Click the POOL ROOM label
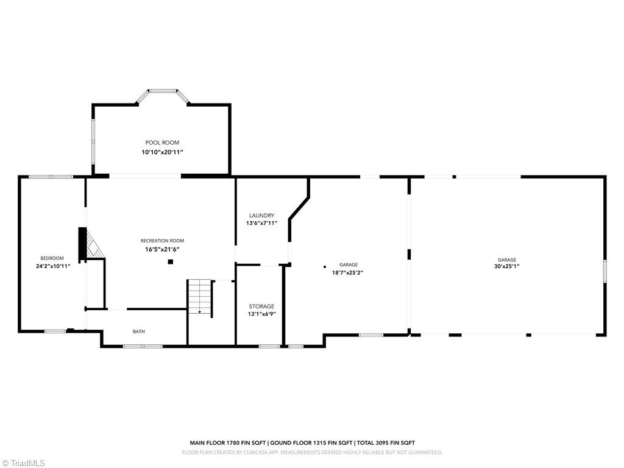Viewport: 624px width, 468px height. [162, 143]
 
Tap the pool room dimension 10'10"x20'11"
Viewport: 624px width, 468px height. [162, 152]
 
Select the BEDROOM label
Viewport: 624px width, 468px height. [52, 258]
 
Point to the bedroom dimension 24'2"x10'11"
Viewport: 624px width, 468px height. [53, 266]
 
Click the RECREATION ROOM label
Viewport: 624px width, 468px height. [162, 241]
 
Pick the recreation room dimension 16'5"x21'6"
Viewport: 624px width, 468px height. [162, 249]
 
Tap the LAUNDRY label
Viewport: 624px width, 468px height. [261, 216]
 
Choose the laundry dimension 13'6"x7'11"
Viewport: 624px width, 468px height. [261, 224]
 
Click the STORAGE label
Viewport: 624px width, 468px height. [261, 307]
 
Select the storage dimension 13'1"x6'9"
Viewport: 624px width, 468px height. [261, 315]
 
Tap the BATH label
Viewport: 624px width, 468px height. [139, 331]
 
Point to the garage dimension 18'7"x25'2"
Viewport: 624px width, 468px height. [348, 273]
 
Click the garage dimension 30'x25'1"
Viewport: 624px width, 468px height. [506, 266]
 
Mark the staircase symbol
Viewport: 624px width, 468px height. [199, 297]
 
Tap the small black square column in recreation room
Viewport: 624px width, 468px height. [171, 262]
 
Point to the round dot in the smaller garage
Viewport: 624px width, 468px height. [325, 266]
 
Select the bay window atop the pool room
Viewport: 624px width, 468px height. [162, 93]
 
